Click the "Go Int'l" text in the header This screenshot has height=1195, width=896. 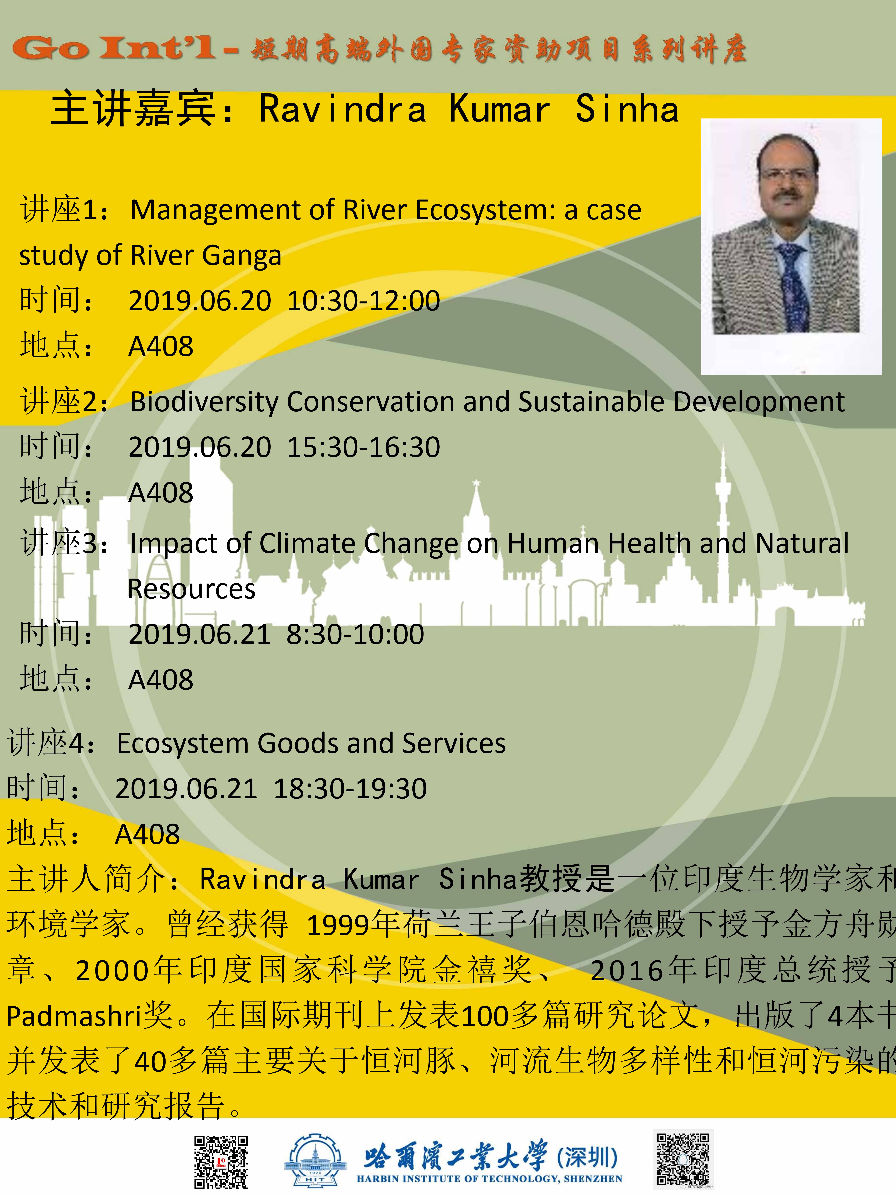point(113,49)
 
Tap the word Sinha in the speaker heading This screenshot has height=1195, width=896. point(626,109)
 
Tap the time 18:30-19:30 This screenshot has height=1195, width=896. point(350,789)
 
